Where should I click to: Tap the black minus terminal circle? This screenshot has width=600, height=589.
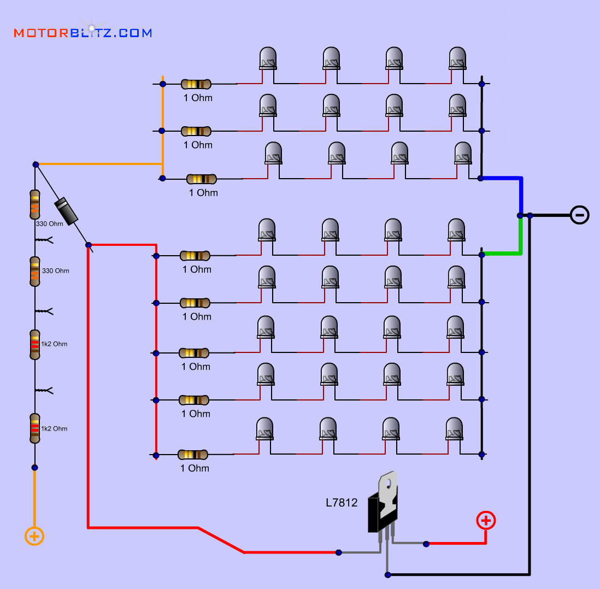[x=580, y=215]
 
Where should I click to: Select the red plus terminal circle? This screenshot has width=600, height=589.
[x=486, y=520]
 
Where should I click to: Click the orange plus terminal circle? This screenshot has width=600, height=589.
[x=34, y=536]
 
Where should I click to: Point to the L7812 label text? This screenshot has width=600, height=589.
[x=342, y=503]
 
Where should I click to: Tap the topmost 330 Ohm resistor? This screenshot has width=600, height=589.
[x=34, y=204]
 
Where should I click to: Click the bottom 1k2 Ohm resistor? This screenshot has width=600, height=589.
[x=34, y=428]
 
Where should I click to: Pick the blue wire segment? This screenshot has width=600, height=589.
[x=521, y=191]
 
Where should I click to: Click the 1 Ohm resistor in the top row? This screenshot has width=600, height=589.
[x=196, y=84]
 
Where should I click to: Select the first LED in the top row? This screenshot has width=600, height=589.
[x=268, y=58]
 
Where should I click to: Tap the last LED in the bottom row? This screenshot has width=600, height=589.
[x=454, y=429]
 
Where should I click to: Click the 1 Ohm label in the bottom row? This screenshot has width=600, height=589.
[x=195, y=468]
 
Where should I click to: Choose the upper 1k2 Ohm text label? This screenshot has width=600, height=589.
[x=54, y=344]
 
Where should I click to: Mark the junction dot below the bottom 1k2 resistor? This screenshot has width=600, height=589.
[x=34, y=467]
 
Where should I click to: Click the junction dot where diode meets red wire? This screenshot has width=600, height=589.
[x=89, y=245]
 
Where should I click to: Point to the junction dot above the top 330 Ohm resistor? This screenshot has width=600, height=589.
[x=36, y=164]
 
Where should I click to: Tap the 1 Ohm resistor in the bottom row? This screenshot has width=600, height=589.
[x=193, y=455]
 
